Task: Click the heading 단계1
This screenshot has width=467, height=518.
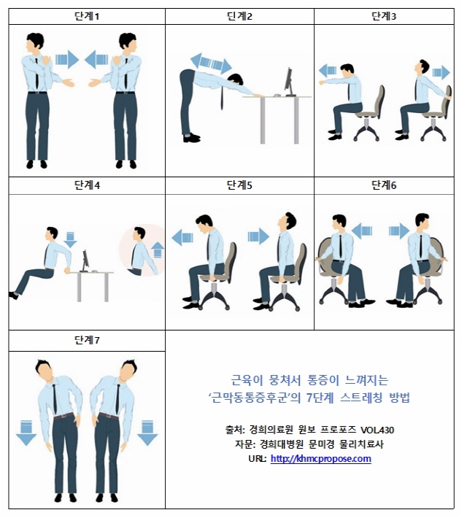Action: pyautogui.click(x=87, y=16)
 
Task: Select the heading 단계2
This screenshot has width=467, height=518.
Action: pyautogui.click(x=239, y=16)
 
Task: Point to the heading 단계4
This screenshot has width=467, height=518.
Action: pyautogui.click(x=87, y=185)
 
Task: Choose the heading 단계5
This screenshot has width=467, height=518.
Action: pyautogui.click(x=239, y=185)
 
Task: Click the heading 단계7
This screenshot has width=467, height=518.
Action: pyautogui.click(x=87, y=341)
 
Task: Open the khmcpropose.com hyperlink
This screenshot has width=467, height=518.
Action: pyautogui.click(x=320, y=459)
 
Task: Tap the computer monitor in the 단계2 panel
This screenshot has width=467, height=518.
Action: pyautogui.click(x=289, y=82)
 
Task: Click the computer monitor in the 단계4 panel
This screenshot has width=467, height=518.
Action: pyautogui.click(x=85, y=260)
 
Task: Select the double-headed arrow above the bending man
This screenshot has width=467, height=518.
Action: pyautogui.click(x=210, y=63)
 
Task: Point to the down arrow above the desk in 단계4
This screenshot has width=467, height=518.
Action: pyautogui.click(x=71, y=239)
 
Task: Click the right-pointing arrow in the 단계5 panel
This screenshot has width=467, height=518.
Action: pyautogui.click(x=258, y=236)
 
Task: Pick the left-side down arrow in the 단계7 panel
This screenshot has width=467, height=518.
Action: pyautogui.click(x=26, y=433)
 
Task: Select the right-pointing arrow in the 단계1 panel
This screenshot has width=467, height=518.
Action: pyautogui.click(x=67, y=58)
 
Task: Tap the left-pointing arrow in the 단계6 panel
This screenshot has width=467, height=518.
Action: pyautogui.click(x=363, y=231)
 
